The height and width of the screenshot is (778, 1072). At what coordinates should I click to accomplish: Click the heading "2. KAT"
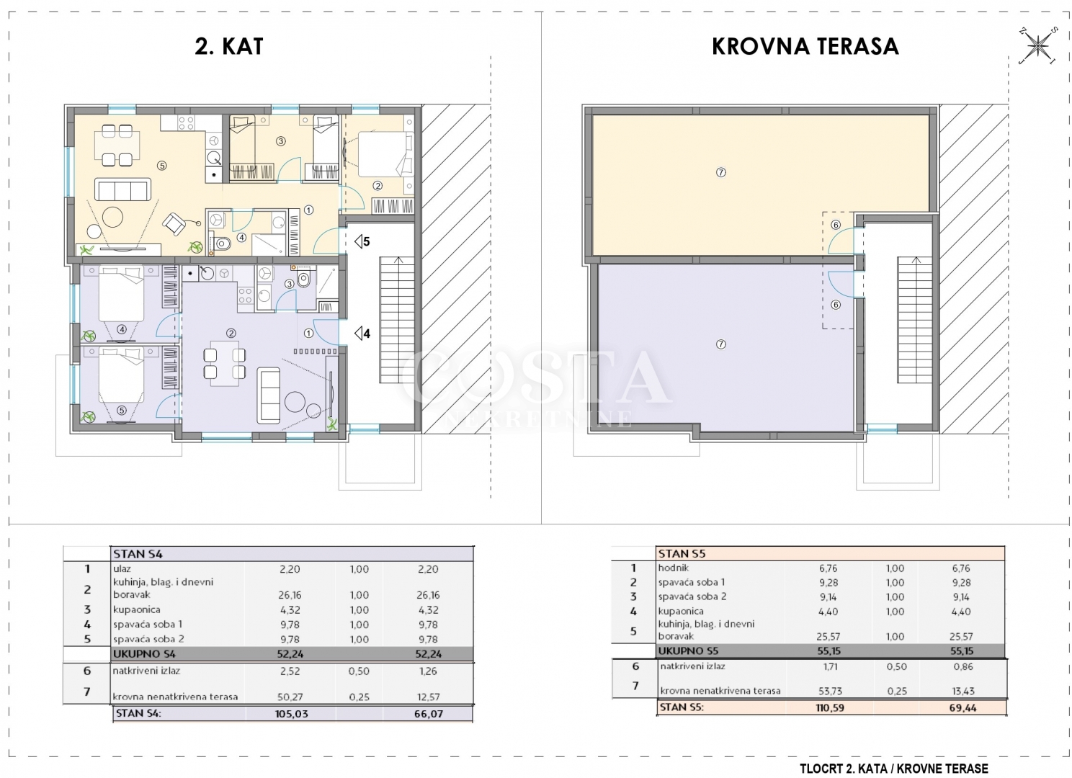pyautogui.click(x=229, y=46)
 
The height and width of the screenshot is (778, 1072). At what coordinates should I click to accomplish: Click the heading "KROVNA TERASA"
pyautogui.click(x=805, y=46)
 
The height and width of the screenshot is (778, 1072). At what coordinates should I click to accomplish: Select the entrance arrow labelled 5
pyautogui.click(x=362, y=241)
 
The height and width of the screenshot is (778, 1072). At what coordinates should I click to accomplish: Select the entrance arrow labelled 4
pyautogui.click(x=362, y=333)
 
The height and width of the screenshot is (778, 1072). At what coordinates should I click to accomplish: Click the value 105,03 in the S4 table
pyautogui.click(x=291, y=714)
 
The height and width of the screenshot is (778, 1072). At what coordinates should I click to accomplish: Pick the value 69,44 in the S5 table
pyautogui.click(x=962, y=707)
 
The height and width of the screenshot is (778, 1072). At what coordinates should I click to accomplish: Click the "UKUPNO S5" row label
pyautogui.click(x=688, y=650)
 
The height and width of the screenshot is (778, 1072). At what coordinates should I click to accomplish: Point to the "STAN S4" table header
pyautogui.click(x=138, y=554)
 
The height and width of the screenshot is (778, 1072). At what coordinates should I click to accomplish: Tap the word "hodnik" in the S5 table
pyautogui.click(x=674, y=568)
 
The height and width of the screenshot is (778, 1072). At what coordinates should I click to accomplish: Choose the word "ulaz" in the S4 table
pyautogui.click(x=122, y=569)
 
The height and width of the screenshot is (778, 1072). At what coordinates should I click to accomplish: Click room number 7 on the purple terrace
pyautogui.click(x=720, y=344)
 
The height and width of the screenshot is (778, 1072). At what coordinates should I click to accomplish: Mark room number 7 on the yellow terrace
pyautogui.click(x=720, y=172)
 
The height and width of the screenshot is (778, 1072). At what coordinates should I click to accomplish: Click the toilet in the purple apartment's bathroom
pyautogui.click(x=304, y=278)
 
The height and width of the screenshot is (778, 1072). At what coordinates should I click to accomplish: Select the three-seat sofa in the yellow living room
pyautogui.click(x=122, y=189)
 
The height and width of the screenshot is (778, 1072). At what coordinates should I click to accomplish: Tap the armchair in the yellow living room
pyautogui.click(x=174, y=224)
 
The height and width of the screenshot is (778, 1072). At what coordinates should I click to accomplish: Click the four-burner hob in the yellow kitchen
pyautogui.click(x=186, y=123)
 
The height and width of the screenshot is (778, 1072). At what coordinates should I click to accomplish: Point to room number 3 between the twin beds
pyautogui.click(x=281, y=141)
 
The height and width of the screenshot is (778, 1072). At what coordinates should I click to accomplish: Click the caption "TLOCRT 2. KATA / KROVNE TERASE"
pyautogui.click(x=894, y=769)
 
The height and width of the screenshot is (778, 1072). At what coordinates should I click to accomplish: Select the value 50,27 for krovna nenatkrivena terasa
pyautogui.click(x=290, y=697)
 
